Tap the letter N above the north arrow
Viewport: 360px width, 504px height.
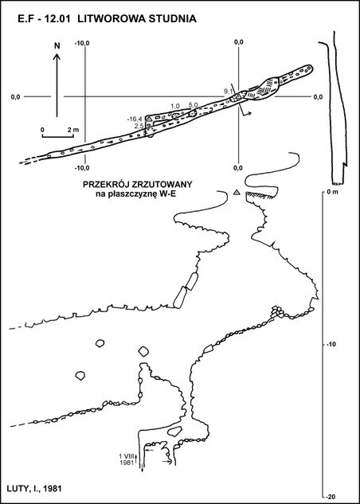pyautogui.click(x=57, y=45)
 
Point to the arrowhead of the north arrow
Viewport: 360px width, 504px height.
pyautogui.click(x=57, y=57)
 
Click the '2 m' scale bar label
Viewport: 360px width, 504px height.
pyautogui.click(x=74, y=130)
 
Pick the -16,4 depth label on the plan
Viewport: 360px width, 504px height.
pyautogui.click(x=135, y=119)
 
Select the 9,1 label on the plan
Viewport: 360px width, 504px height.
pyautogui.click(x=229, y=92)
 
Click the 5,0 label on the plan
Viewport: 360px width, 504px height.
pyautogui.click(x=193, y=104)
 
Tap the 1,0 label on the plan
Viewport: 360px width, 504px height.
pyautogui.click(x=175, y=106)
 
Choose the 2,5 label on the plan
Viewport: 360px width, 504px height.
pyautogui.click(x=139, y=126)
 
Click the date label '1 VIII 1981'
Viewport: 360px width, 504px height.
pyautogui.click(x=126, y=459)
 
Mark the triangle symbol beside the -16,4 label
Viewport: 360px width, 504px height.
pyautogui.click(x=149, y=119)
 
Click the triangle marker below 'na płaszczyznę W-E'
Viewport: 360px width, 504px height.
pyautogui.click(x=237, y=192)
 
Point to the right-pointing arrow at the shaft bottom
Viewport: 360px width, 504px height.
pyautogui.click(x=167, y=463)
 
